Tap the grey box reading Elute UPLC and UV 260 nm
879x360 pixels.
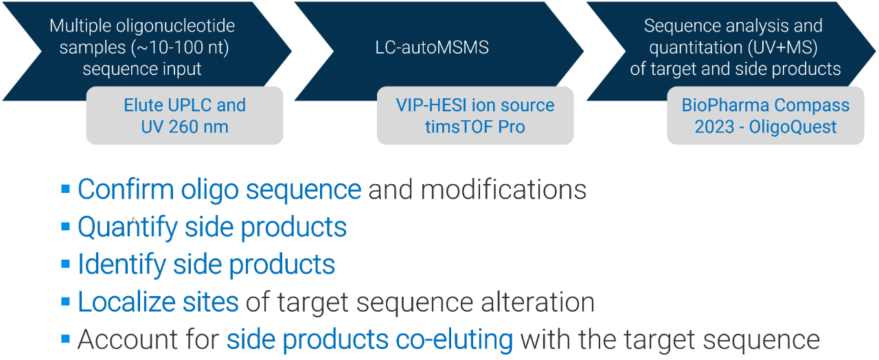tap(184, 115)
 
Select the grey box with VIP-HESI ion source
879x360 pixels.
tap(475, 115)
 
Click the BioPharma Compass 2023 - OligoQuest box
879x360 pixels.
tap(765, 115)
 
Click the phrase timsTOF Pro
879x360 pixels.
tap(475, 126)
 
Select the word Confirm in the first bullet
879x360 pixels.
tap(120, 190)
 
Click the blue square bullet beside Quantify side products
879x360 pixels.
tap(66, 227)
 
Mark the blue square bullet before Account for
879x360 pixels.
tap(66, 339)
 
